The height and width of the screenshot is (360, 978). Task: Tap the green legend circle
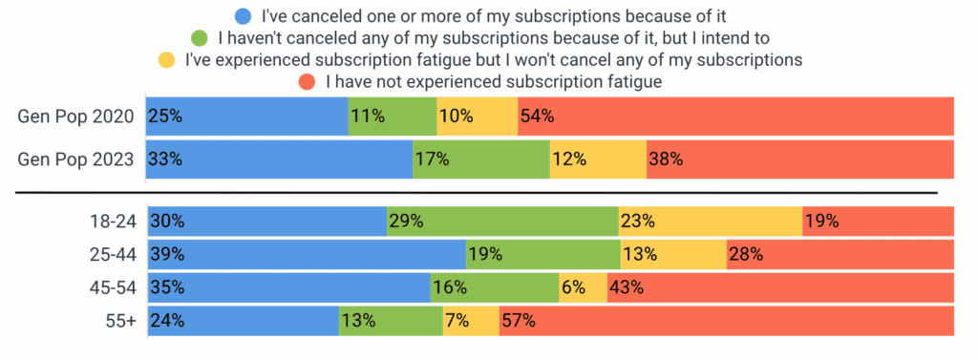pos(201,38)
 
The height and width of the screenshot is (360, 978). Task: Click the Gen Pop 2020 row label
pos(76,116)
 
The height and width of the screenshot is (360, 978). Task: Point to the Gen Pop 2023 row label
pos(76,159)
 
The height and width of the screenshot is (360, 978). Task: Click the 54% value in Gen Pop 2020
pos(537,116)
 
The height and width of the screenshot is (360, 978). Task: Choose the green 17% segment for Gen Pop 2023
pos(480,159)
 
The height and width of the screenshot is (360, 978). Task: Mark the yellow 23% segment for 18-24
pos(710,222)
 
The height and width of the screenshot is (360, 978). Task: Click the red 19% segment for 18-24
pos(878,222)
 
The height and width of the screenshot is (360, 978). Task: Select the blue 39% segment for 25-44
pos(306,255)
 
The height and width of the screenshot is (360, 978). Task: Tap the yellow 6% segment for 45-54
pos(583,288)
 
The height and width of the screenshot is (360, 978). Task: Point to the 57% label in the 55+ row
pos(520,322)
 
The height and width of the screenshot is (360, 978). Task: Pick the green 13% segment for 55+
pos(390,322)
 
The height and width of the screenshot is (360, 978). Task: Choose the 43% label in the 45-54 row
pos(627,288)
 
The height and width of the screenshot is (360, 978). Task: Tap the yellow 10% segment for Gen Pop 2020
pos(477,116)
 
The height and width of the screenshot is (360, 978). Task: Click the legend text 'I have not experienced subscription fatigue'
pos(494,82)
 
